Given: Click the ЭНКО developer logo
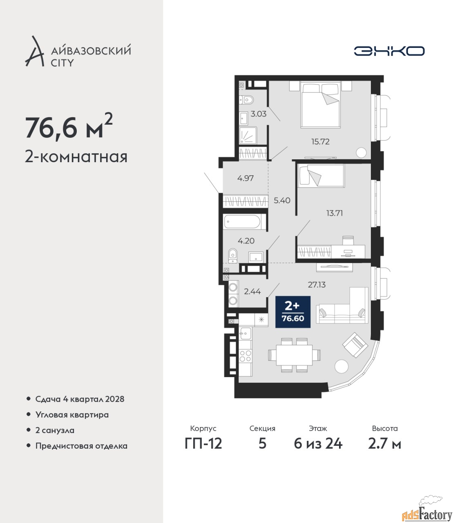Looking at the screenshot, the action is pos(389,51).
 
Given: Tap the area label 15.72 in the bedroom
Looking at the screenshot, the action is pos(320,142).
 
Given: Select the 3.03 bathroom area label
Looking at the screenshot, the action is pos(259,114).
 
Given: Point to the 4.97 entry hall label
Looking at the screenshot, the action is pos(245,178).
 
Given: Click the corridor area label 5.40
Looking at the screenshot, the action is pos(282,201).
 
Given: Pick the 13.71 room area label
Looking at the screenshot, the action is pos(335,213).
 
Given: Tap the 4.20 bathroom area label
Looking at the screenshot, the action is pos(246,241).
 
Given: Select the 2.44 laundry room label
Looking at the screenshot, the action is pos(252,291).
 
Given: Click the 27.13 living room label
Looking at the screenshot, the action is pos(317,285).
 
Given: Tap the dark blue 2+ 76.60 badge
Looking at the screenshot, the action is pos(293,312).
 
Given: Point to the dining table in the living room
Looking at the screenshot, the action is pos(294,355).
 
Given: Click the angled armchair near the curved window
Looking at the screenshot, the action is pos(355,344).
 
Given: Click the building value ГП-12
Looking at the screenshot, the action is pos(203,444).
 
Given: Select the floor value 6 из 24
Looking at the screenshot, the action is pos(318,444).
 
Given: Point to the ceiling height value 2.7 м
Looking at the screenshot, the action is pos(384,444).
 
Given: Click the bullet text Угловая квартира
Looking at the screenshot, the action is pos(72,415).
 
